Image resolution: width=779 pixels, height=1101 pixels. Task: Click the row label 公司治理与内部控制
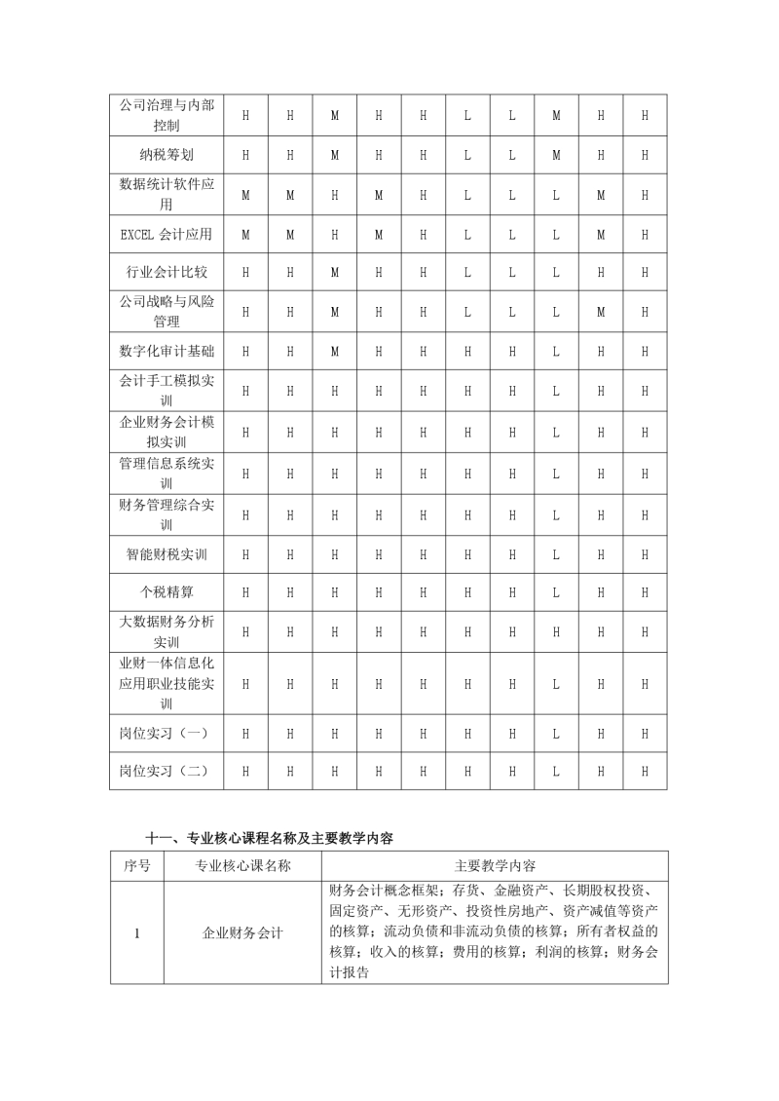[166, 115]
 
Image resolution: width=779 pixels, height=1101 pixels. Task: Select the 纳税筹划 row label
[166, 155]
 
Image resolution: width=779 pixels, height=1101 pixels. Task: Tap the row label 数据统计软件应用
[166, 194]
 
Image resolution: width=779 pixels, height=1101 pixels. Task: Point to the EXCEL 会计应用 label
[166, 234]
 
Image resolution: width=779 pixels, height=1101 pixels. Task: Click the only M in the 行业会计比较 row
[335, 274]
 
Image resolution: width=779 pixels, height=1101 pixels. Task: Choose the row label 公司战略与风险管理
[166, 312]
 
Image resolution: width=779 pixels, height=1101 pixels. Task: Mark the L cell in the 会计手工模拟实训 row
[556, 391]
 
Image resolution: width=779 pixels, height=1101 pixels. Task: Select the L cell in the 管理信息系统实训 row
[556, 474]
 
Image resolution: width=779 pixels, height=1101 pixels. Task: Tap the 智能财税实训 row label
[166, 554]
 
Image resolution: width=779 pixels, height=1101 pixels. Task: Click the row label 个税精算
[166, 591]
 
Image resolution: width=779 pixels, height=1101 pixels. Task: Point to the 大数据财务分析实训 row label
[166, 631]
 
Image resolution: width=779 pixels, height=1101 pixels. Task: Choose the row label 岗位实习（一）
[166, 732]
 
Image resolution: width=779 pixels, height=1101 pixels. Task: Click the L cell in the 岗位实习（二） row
[556, 771]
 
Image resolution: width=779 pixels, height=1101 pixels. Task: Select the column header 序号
[137, 866]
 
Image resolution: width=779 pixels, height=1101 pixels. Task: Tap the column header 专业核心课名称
[242, 866]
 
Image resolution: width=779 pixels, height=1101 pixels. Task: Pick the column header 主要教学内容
[495, 866]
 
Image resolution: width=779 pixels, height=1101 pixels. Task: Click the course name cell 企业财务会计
[242, 932]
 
